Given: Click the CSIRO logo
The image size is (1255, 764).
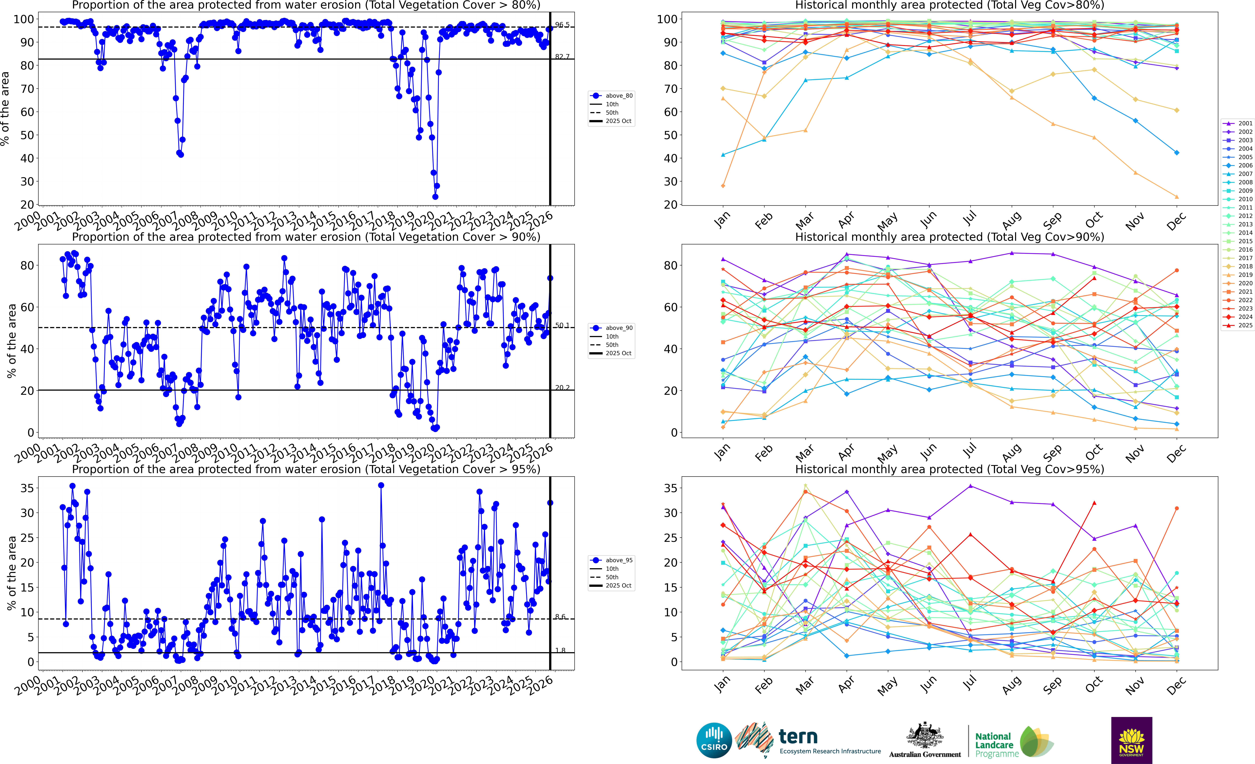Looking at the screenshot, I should pyautogui.click(x=714, y=740).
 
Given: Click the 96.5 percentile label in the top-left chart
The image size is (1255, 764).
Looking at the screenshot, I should pyautogui.click(x=562, y=25).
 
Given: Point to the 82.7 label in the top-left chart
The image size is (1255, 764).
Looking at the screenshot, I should pyautogui.click(x=562, y=57).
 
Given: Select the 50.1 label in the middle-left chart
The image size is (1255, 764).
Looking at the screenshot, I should pyautogui.click(x=562, y=325).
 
